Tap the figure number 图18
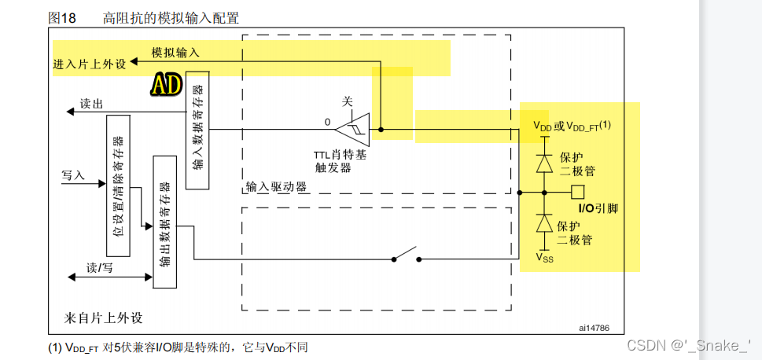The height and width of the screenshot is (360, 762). pos(62,17)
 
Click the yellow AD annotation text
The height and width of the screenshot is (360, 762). pos(166,85)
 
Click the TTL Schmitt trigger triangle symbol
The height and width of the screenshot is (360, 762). pos(351,128)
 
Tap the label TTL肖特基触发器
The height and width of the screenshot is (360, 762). pos(340,161)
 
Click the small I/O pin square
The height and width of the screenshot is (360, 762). pos(578,191)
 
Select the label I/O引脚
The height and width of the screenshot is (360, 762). pos(598,209)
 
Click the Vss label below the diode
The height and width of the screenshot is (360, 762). pos(544,256)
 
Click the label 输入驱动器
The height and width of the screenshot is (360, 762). pos(275,187)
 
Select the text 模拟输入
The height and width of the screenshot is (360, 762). pos(176,52)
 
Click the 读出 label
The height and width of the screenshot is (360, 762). pos(91,104)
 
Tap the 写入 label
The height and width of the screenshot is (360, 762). pos(73,174)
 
